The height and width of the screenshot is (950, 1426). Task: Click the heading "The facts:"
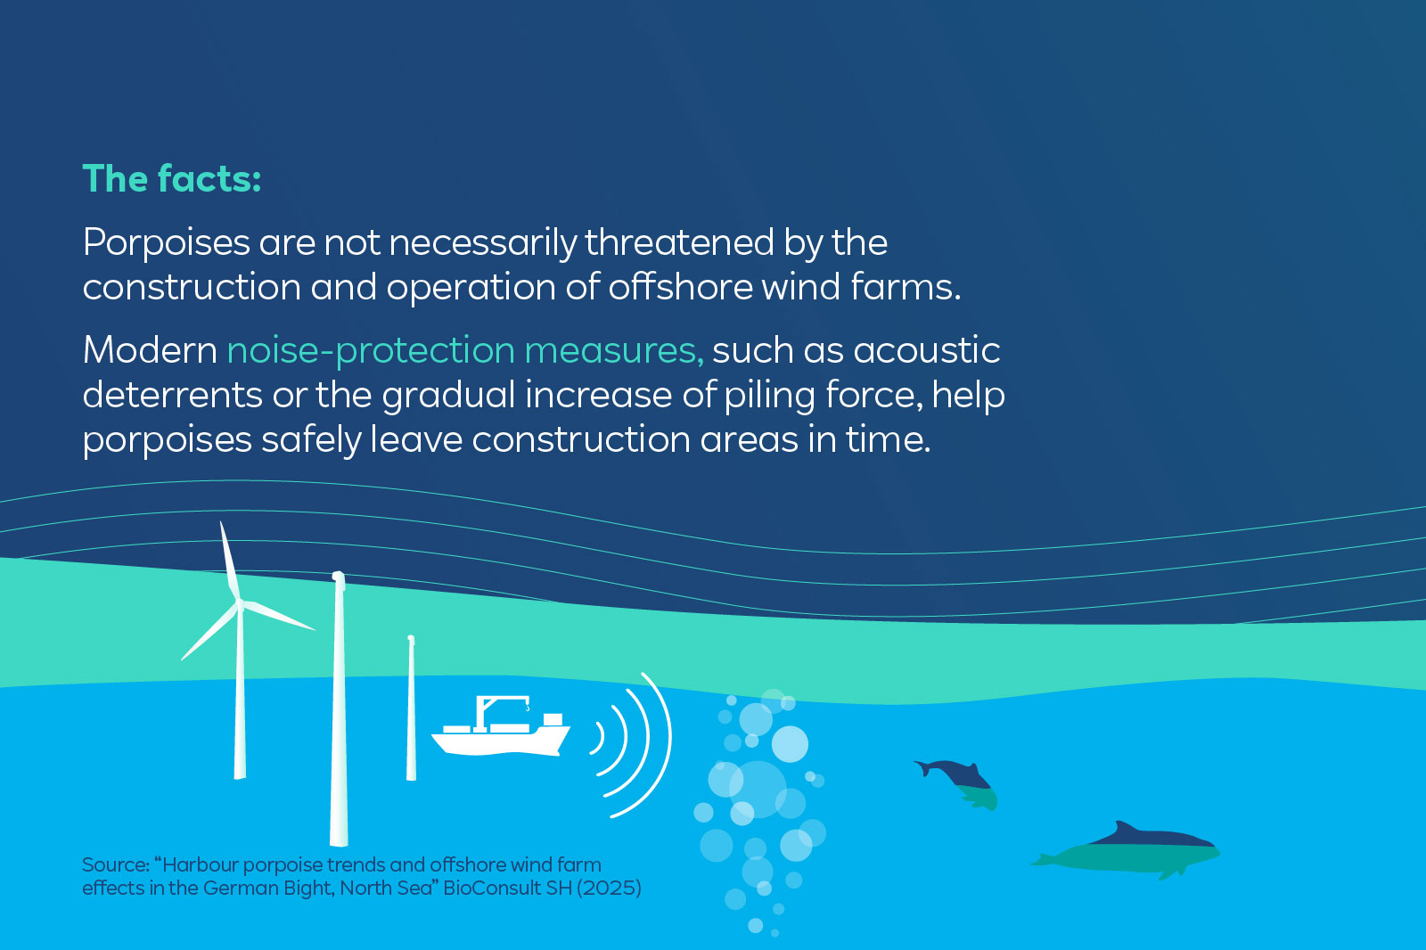click(172, 178)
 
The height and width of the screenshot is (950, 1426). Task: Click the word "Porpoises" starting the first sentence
click(166, 244)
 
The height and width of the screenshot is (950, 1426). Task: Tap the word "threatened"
click(679, 242)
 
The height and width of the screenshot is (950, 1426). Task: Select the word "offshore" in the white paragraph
click(680, 287)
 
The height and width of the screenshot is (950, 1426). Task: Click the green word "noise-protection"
click(371, 351)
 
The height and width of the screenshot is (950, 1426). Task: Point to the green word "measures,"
click(614, 352)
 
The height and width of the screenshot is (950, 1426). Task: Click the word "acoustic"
click(927, 350)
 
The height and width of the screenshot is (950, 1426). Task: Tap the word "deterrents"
click(173, 395)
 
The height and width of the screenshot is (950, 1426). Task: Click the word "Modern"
click(151, 350)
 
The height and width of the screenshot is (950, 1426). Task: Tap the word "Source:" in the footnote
click(116, 864)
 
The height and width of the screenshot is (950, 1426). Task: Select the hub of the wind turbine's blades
click(240, 604)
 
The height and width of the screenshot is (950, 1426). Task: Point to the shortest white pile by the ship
click(411, 708)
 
